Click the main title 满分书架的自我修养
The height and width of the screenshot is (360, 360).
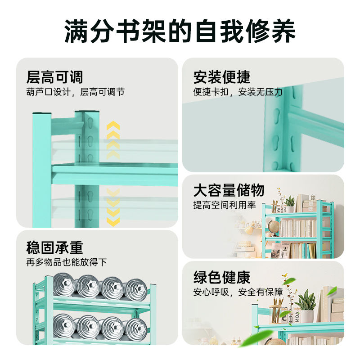180,31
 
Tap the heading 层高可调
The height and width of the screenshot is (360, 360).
54,77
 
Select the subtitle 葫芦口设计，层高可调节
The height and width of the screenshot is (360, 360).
75,92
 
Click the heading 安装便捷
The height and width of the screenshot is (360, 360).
222,77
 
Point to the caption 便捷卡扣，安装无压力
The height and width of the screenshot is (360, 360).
238,92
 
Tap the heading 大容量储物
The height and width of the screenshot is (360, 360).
229,190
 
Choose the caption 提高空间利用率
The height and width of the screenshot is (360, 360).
225,205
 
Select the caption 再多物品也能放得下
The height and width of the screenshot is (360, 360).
66,262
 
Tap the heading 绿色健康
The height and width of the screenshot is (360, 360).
222,277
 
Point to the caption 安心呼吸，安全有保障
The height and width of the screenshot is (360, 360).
238,292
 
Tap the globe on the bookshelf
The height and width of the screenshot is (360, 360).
273,226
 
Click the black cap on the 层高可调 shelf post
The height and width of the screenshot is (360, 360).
86,112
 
